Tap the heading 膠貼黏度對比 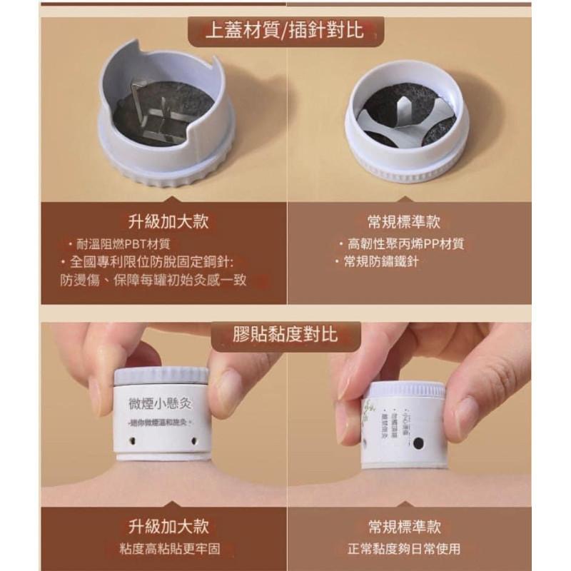pyautogui.click(x=285, y=333)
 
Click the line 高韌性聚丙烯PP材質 pyautogui.click(x=403, y=244)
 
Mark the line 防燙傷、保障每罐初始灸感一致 pyautogui.click(x=153, y=280)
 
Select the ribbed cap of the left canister pyautogui.click(x=161, y=375)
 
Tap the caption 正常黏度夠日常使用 pyautogui.click(x=404, y=549)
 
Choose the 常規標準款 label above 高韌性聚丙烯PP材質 pyautogui.click(x=404, y=222)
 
